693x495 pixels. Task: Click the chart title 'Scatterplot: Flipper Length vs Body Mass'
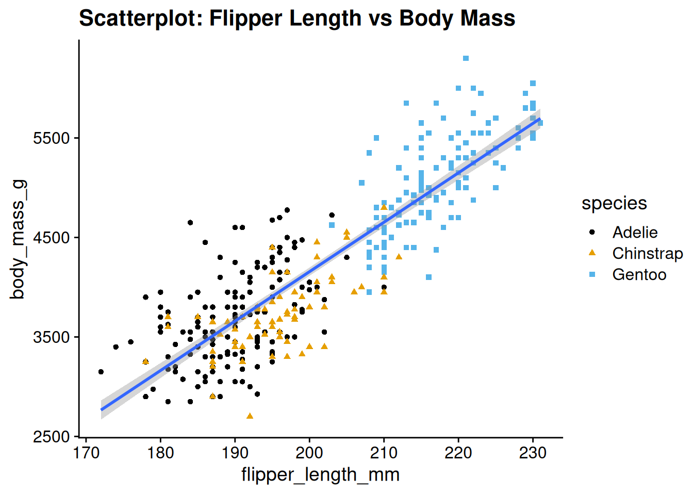coord(297,19)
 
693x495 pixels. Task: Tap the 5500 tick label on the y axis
coord(51,138)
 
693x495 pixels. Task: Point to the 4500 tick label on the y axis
coord(51,238)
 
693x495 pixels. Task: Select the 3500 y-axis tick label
coord(51,337)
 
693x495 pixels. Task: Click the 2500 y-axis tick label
coord(51,437)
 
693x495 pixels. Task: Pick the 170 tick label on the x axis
coord(86,453)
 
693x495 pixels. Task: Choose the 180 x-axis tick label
coord(160,453)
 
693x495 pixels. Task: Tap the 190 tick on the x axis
coord(235,453)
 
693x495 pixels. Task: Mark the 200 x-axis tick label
coord(309,453)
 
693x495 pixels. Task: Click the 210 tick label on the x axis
coord(384,453)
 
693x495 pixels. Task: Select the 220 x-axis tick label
coord(458,453)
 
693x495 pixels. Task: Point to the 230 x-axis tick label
coord(533,453)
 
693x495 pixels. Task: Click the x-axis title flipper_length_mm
coord(320,474)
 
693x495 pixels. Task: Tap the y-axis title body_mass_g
coord(18,239)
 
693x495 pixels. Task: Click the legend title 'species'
coord(614,203)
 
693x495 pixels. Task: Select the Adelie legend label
coord(635,233)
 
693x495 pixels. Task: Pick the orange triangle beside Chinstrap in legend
coord(592,253)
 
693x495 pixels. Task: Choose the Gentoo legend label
coord(639,275)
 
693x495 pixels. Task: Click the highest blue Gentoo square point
coord(466,58)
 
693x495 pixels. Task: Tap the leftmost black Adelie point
coord(101,372)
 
